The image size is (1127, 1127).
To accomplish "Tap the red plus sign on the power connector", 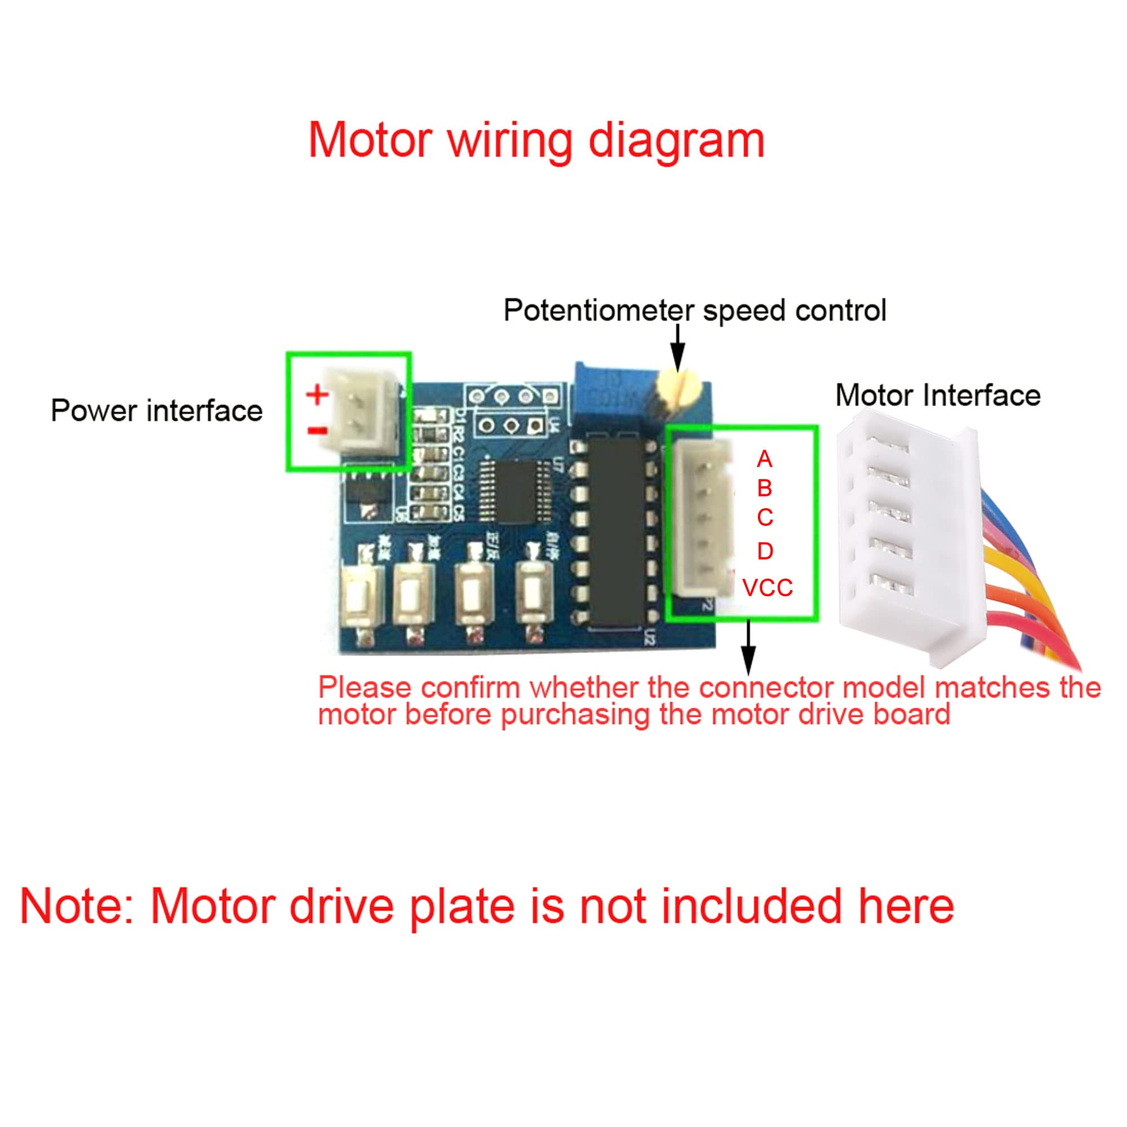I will tap(317, 396).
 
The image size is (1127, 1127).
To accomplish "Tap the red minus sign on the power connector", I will tap(317, 431).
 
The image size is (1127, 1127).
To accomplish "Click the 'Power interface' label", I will tap(156, 411).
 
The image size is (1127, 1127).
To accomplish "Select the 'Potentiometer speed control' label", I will tap(694, 310).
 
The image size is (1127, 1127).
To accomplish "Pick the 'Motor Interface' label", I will tap(938, 396).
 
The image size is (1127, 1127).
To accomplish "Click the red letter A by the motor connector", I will tap(764, 460).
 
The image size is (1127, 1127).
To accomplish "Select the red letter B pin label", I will tap(764, 488).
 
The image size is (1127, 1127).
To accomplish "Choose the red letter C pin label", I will tap(764, 517).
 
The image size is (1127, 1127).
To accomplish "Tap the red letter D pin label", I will tap(764, 551).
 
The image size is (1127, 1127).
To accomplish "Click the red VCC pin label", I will tap(767, 588).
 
